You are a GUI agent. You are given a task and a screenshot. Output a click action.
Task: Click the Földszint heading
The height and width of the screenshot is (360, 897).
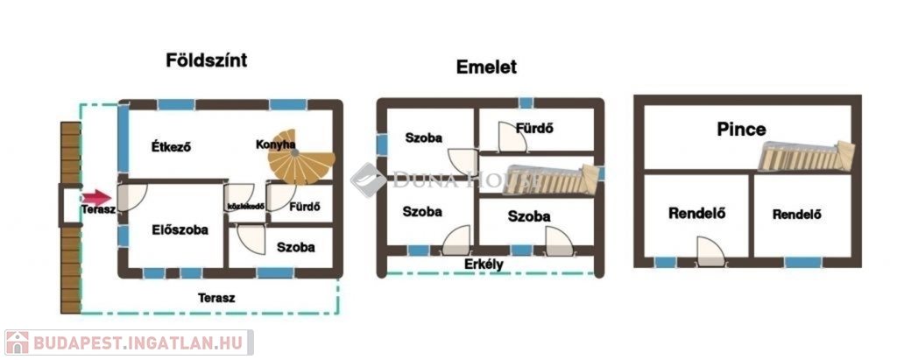coord(207,60)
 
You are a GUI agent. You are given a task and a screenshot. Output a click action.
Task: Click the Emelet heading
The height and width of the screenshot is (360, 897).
coord(486,67)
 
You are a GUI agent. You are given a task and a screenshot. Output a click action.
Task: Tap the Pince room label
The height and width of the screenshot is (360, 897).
coord(741,130)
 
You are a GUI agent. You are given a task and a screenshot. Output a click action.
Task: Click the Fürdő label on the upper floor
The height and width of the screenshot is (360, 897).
coord(533,129)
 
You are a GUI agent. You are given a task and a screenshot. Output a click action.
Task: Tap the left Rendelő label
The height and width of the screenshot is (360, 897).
coord(696,212)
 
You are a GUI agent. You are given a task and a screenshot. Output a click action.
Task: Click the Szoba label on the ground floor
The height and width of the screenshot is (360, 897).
coord(295,247)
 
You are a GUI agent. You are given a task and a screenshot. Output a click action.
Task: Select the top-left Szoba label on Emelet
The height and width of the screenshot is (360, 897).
coord(423,138)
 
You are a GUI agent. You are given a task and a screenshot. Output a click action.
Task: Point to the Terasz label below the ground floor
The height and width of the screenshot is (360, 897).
coord(216,298)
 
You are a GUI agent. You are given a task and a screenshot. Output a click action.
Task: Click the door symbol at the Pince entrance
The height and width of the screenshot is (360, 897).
coord(711,252)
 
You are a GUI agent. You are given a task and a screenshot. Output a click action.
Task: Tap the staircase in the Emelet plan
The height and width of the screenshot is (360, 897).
coord(551,180)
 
